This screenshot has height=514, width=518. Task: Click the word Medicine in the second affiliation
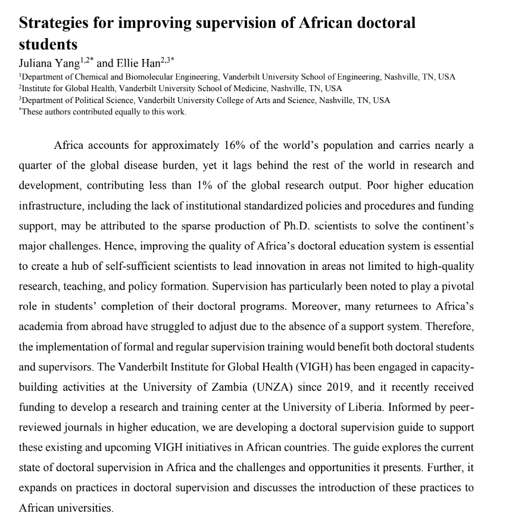pos(241,89)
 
